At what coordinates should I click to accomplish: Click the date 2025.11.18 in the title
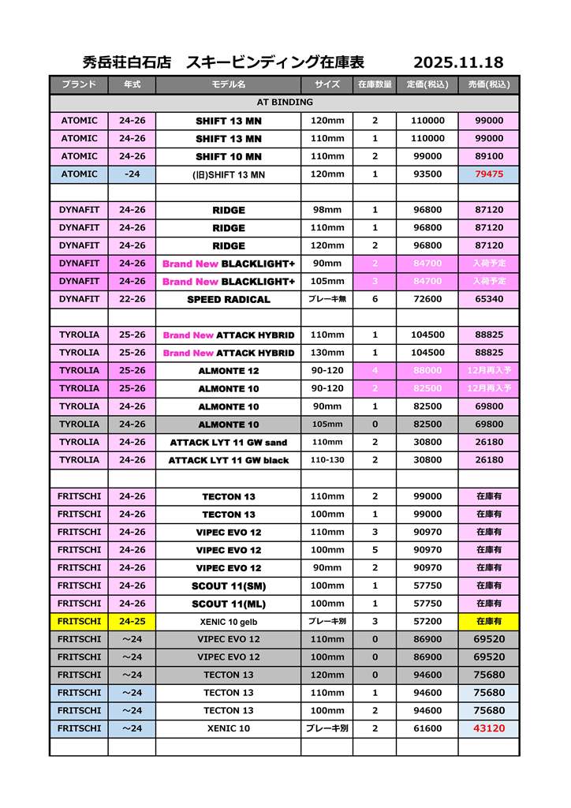coord(458,62)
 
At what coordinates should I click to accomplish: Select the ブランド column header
coord(79,84)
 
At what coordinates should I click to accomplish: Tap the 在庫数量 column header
coord(375,84)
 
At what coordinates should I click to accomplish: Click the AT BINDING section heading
coord(285,103)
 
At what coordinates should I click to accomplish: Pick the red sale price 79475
coord(489,174)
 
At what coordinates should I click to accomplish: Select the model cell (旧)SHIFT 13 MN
coord(229,174)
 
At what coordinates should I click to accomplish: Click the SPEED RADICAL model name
coord(229,300)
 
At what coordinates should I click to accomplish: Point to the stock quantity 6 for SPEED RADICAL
coord(375,299)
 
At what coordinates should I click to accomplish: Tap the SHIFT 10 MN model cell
coord(229,157)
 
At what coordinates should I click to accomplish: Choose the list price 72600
coord(427,299)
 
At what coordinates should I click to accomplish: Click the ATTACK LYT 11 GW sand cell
coord(229,443)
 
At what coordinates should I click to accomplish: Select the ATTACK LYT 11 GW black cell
coord(229,461)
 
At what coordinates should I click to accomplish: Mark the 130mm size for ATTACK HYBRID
coord(327,353)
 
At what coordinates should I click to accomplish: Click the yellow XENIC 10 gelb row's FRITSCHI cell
coord(79,622)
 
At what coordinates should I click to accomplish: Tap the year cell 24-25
coord(132,622)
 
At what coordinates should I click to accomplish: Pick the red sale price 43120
coord(489,728)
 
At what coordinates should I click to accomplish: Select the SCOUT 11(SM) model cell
coord(229,586)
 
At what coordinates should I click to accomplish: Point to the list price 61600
coord(427,728)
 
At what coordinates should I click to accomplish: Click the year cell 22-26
coord(132,299)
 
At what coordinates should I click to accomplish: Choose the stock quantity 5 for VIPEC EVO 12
coord(375,550)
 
